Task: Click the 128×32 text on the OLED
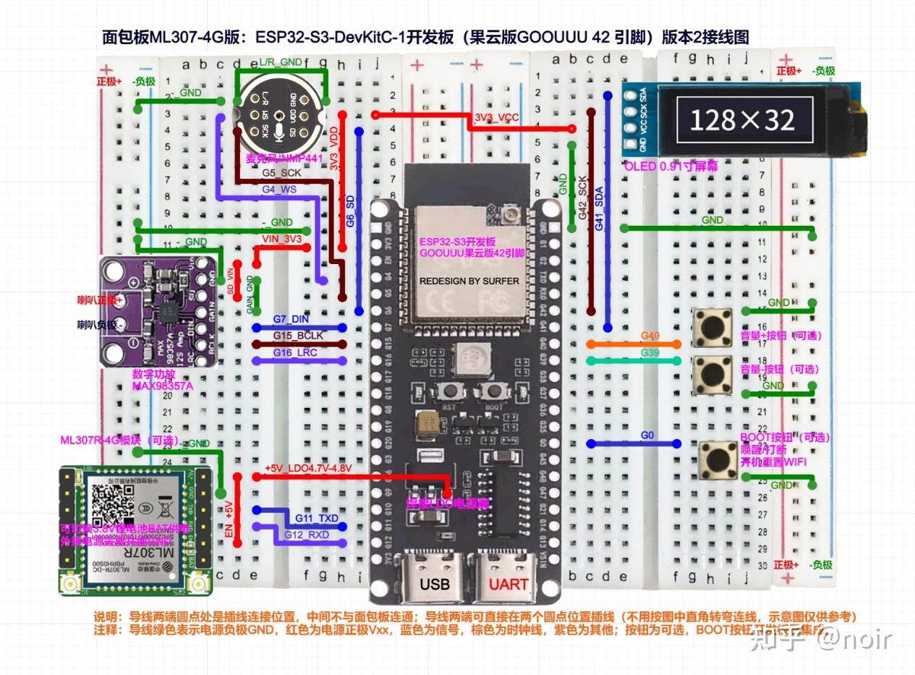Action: tap(742, 119)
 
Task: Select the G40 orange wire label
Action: tap(650, 336)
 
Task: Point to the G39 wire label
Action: tap(650, 352)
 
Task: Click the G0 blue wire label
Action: tap(647, 436)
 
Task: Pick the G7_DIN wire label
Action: tap(291, 319)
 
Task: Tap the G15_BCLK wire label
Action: tap(297, 336)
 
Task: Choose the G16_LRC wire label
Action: tap(295, 352)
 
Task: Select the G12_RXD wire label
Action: tap(307, 535)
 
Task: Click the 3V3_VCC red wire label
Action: tap(497, 116)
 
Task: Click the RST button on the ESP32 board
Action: tap(454, 391)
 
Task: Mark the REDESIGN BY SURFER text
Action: tap(469, 281)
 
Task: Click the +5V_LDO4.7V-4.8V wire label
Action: tap(308, 469)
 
